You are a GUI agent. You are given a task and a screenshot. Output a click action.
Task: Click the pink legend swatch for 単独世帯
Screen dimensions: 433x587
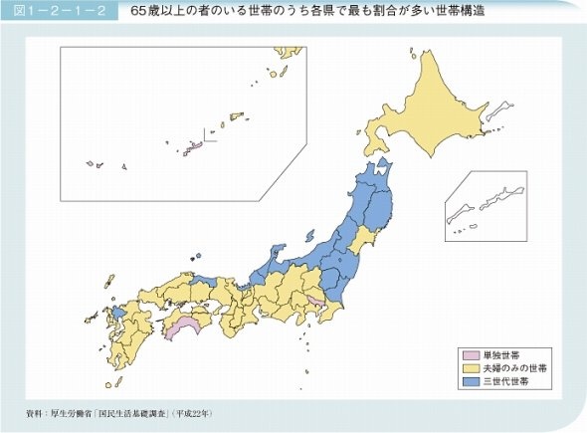(x=469, y=354)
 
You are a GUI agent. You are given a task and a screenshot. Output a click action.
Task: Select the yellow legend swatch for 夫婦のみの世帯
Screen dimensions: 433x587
(x=469, y=367)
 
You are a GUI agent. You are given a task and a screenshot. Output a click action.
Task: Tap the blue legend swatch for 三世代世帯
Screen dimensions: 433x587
(x=469, y=380)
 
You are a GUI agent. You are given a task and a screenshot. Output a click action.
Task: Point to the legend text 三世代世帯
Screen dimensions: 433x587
(x=504, y=380)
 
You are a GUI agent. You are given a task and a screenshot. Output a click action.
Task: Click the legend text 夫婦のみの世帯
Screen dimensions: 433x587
(x=512, y=367)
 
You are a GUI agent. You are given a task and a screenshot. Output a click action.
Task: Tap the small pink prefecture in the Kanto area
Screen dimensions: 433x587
(x=314, y=300)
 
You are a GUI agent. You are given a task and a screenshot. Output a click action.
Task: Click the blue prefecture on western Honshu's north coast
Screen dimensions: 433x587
(x=205, y=282)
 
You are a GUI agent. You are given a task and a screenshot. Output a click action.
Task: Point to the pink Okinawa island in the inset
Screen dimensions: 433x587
(x=196, y=145)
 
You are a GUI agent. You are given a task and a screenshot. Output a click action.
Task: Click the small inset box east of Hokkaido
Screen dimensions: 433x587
(x=484, y=207)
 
